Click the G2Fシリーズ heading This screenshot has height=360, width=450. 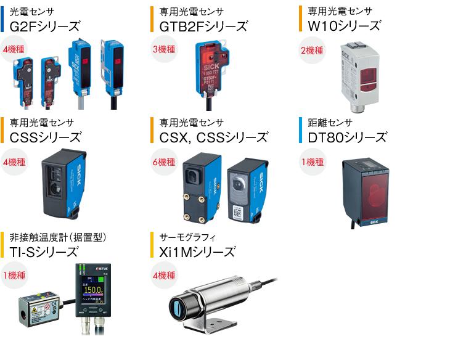pos(45,26)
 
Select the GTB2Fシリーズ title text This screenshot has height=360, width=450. pos(203,26)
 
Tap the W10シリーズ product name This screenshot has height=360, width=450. pos(344,26)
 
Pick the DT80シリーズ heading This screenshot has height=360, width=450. pos(347,137)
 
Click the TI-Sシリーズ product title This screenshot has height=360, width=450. pos(44,252)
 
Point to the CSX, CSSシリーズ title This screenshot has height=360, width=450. pos(213,137)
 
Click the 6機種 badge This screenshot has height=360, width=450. pos(164,162)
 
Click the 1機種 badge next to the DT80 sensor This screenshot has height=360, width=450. pos(312,162)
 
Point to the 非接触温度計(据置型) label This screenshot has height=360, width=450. pos(59,237)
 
